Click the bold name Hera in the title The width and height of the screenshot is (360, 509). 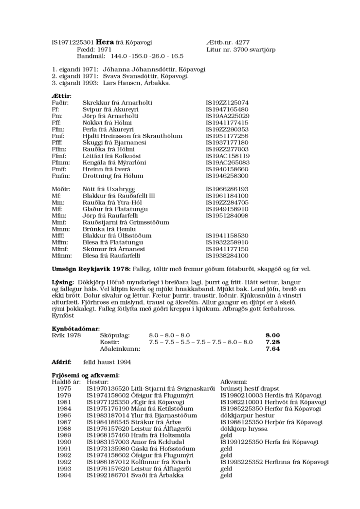105,42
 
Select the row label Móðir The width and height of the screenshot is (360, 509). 60,188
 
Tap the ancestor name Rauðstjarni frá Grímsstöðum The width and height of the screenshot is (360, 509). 126,222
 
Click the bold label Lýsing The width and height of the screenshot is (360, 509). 63,282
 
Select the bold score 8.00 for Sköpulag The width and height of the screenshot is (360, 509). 272,335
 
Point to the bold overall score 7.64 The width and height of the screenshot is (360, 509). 272,348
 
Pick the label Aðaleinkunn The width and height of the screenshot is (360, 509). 120,348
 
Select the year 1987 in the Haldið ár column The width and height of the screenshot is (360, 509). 64,422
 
